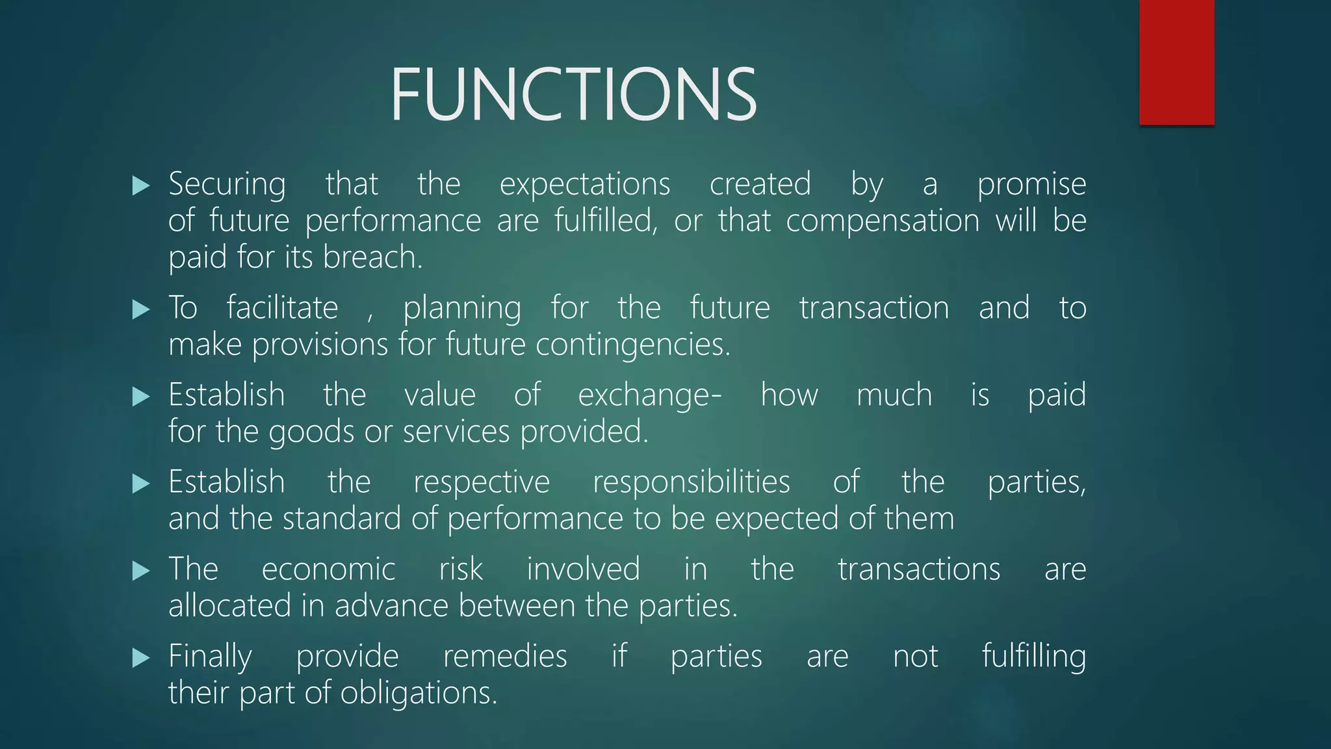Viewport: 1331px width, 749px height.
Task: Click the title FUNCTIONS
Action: coord(573,95)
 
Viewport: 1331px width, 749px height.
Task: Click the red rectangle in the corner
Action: coord(1176,62)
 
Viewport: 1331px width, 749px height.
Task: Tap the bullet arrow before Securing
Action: coord(140,187)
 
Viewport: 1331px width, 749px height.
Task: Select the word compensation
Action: coord(882,221)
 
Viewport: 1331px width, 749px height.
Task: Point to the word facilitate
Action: coord(282,308)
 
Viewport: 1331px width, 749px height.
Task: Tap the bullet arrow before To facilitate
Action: coord(140,309)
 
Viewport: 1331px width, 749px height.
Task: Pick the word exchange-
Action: coord(649,396)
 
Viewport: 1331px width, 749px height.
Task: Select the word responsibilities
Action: coord(691,482)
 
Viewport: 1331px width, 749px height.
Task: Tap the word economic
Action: coord(328,570)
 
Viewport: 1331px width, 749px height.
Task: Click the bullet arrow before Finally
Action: coord(140,658)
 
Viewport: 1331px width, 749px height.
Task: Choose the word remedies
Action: coord(505,657)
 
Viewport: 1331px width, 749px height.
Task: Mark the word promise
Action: coord(1031,185)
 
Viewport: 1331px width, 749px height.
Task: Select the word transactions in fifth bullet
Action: coord(918,570)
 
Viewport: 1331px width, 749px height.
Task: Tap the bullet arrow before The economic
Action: coord(140,571)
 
